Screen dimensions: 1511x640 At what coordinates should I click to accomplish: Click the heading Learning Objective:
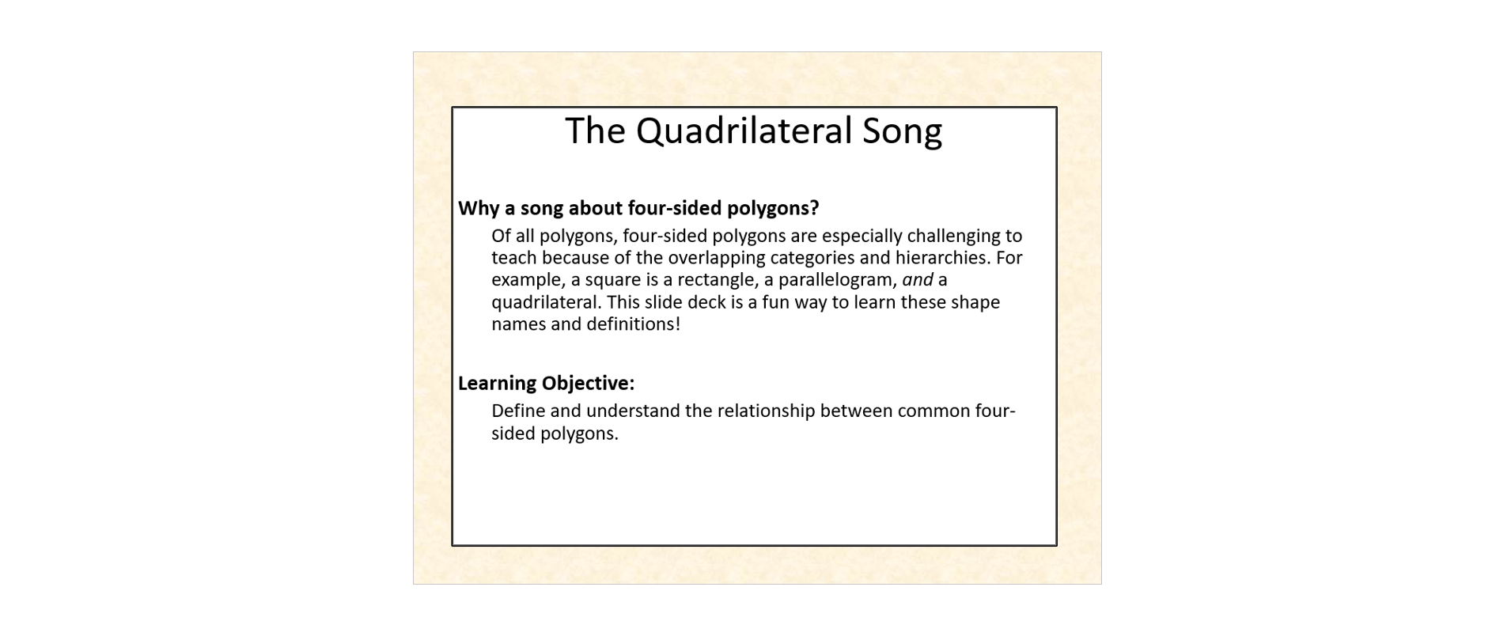tap(547, 384)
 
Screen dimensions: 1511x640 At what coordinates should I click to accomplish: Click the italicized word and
tap(918, 280)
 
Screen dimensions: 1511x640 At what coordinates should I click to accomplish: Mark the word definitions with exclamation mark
tap(634, 324)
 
